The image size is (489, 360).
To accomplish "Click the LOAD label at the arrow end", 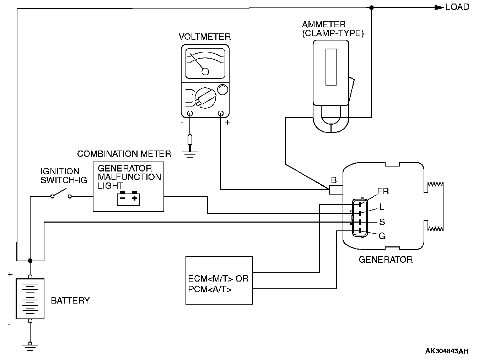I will tap(457, 7).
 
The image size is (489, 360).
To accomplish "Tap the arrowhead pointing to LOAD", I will tap(439, 7).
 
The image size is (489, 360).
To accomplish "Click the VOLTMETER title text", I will tap(205, 37).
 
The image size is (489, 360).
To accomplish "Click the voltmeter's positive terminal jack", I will tap(221, 114).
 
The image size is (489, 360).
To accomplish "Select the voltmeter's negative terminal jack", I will tap(190, 114).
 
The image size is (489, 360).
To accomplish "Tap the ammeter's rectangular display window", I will tap(331, 67).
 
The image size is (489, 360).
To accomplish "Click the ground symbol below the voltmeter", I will tap(190, 154).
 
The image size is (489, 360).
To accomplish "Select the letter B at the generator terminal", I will tap(334, 180).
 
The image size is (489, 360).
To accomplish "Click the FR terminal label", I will tap(383, 191).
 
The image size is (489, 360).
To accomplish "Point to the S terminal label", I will tap(382, 222).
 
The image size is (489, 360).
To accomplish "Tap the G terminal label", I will tap(382, 236).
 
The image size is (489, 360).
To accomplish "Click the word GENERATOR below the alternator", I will tap(386, 260).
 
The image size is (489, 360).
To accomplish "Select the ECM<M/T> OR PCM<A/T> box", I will tap(219, 280).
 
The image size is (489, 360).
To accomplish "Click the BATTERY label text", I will tap(70, 301).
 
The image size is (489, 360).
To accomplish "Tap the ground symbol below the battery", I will tap(30, 346).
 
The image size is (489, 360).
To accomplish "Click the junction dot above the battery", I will tap(30, 261).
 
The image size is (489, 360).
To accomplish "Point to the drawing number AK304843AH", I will tap(447, 351).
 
